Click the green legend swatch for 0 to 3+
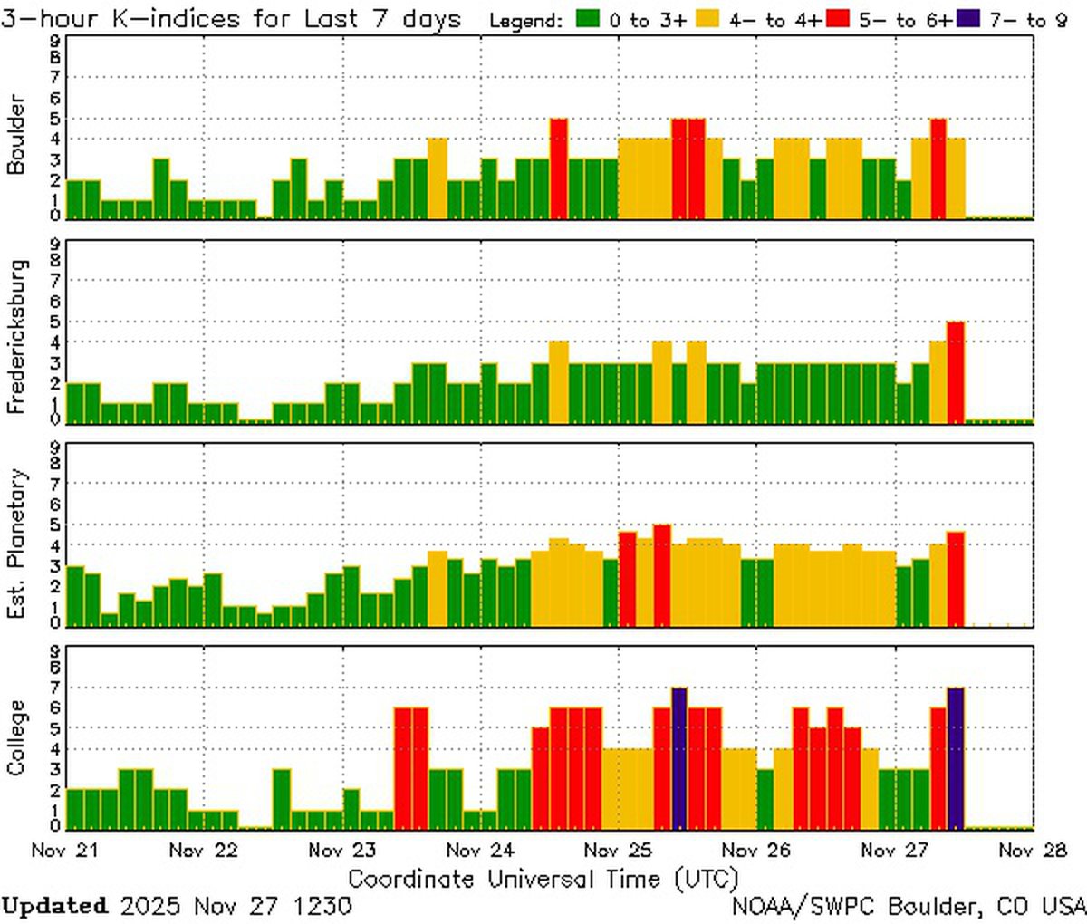pos(587,18)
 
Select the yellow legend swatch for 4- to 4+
pos(707,18)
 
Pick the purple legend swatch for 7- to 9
pos(967,18)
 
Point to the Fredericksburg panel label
pos(16,337)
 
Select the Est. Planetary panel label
pos(16,544)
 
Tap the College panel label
pos(16,738)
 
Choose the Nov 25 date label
pos(619,851)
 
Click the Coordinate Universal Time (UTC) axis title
pos(543,878)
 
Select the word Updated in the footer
pos(54,906)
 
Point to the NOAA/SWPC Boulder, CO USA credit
pos(909,906)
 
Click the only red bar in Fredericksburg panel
pos(956,371)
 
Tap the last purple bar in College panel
pos(956,758)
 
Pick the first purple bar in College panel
pos(679,758)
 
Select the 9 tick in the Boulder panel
pos(56,40)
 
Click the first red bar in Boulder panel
pos(559,168)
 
